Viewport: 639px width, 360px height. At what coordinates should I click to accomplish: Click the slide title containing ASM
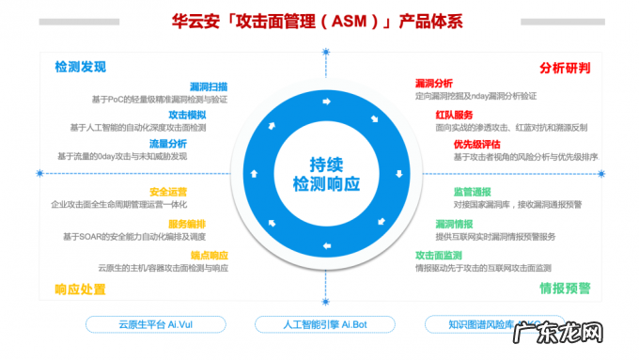coord(319,21)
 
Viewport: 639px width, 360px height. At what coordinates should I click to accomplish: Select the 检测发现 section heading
coord(81,67)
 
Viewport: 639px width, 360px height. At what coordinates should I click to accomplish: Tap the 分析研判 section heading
coord(565,67)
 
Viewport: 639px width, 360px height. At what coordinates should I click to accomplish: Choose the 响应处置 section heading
coord(81,289)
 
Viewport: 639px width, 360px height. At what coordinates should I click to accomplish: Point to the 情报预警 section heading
coord(565,288)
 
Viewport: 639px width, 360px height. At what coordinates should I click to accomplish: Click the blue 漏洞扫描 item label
coord(208,86)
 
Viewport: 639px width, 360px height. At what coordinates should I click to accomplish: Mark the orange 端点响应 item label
coord(208,254)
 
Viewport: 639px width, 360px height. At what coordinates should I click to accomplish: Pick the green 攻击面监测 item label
coord(439,255)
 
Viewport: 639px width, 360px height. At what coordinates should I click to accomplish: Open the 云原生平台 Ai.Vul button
coord(143,323)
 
